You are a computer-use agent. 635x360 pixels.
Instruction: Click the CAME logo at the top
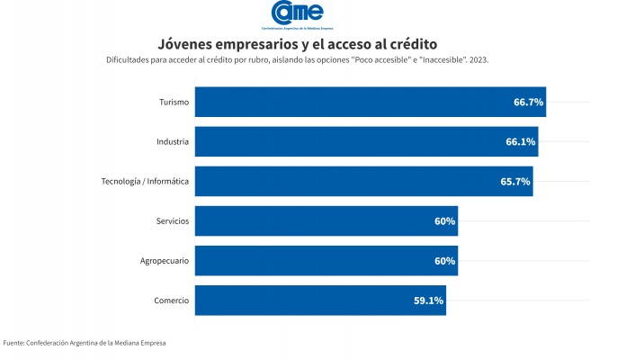coord(297,14)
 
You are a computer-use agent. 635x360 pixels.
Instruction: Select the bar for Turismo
coord(370,102)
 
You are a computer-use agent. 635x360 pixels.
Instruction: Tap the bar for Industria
coord(366,141)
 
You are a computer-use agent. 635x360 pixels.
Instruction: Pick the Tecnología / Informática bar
coord(363,181)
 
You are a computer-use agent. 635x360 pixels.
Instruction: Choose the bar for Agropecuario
coord(326,260)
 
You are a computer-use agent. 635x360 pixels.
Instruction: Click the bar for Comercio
coord(320,300)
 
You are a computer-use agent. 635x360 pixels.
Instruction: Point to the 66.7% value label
coord(528,103)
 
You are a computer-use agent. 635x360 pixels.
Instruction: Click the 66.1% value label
coord(521,142)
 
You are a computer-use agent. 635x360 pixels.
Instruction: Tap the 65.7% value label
coord(515,182)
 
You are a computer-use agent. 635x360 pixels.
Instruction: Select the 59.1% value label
coord(428,301)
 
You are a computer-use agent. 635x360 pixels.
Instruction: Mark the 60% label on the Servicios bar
coord(444,221)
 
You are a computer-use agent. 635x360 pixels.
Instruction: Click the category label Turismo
coord(173,102)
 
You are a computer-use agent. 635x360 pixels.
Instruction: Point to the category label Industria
coord(172,141)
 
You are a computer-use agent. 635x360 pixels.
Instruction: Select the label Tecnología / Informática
coord(145,181)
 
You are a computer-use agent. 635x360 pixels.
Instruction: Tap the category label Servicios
coord(172,220)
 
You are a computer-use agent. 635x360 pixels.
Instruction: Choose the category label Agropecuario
coord(164,260)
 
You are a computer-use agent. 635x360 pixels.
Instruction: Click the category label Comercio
coord(171,300)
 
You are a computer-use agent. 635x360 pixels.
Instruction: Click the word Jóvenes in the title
coord(185,43)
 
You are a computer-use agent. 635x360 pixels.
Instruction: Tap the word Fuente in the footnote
coord(13,343)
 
